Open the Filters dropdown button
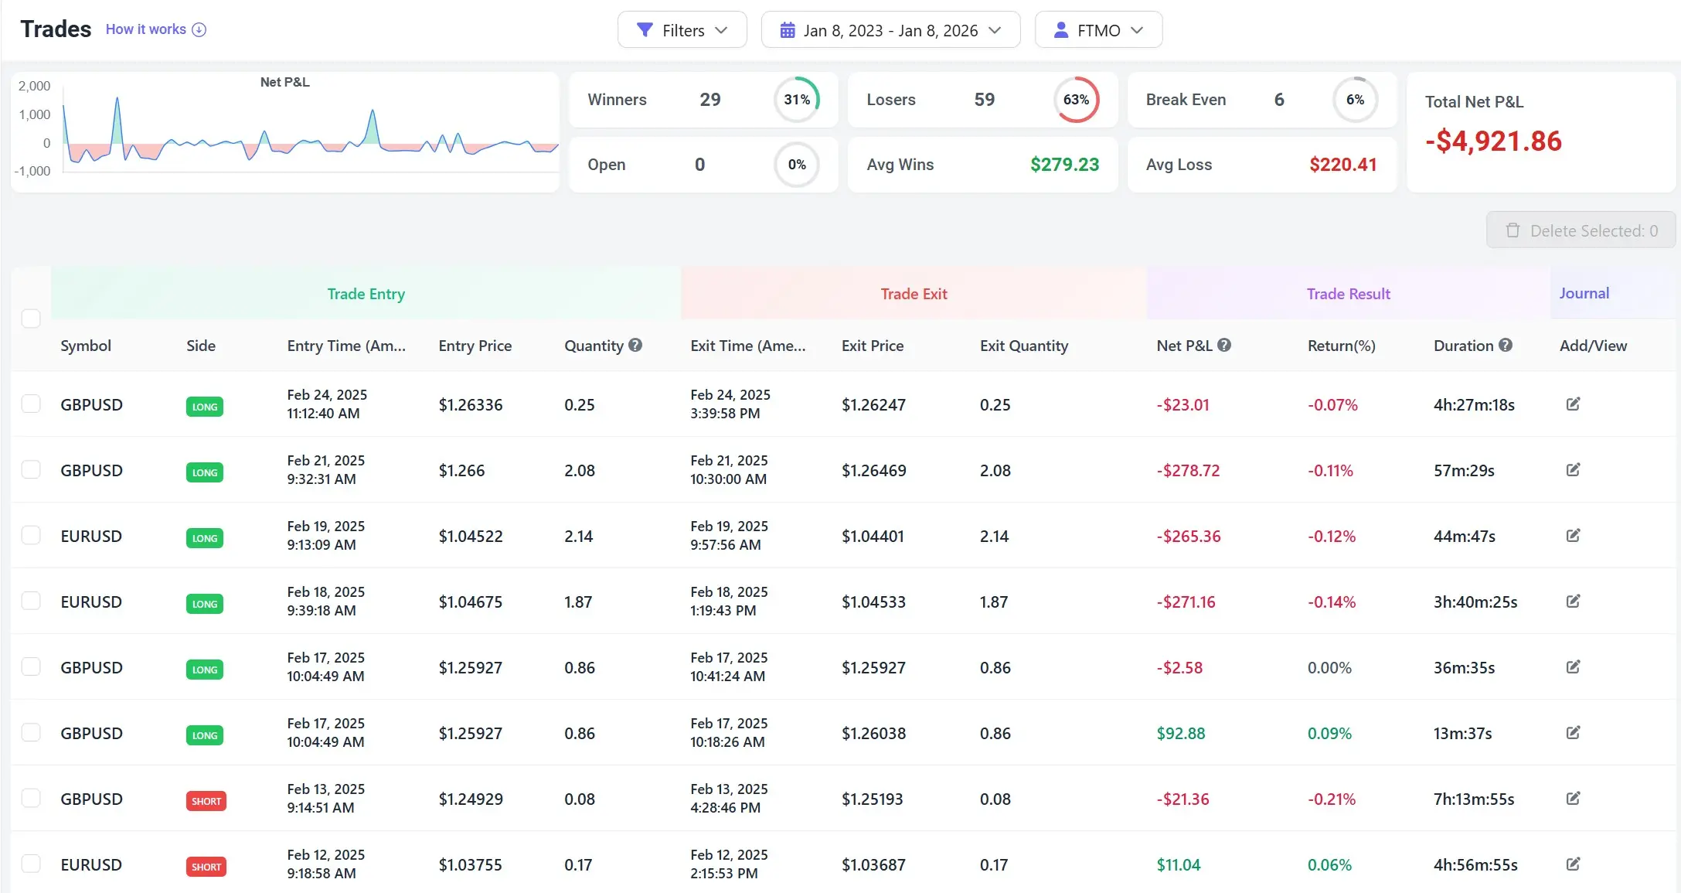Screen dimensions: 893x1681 pyautogui.click(x=682, y=30)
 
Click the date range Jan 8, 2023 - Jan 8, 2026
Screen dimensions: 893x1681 pyautogui.click(x=890, y=30)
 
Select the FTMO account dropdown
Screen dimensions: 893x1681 pyautogui.click(x=1098, y=30)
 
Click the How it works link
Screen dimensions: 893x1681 pyautogui.click(x=155, y=29)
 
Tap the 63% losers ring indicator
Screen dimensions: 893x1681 pyautogui.click(x=1076, y=100)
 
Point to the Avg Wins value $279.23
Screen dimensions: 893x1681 pyautogui.click(x=1064, y=165)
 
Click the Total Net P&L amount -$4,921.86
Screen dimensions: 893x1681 pyautogui.click(x=1493, y=141)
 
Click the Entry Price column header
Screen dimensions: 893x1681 pyautogui.click(x=475, y=346)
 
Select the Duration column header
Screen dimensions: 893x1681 pyautogui.click(x=1463, y=346)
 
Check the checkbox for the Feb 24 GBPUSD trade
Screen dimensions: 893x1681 pyautogui.click(x=31, y=404)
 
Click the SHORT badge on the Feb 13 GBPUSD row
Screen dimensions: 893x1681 pyautogui.click(x=206, y=801)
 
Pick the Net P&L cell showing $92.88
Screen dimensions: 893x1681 pyautogui.click(x=1180, y=734)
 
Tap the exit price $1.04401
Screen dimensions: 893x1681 pyautogui.click(x=873, y=537)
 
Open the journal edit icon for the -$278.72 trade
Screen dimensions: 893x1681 pyautogui.click(x=1573, y=470)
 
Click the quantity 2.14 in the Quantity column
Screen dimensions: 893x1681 pyautogui.click(x=578, y=537)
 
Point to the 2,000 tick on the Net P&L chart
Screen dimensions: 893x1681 pyautogui.click(x=35, y=86)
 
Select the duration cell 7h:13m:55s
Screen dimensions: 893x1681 pyautogui.click(x=1473, y=799)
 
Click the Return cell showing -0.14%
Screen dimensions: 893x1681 pyautogui.click(x=1331, y=602)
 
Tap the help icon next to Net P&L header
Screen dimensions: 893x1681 pyautogui.click(x=1224, y=345)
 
